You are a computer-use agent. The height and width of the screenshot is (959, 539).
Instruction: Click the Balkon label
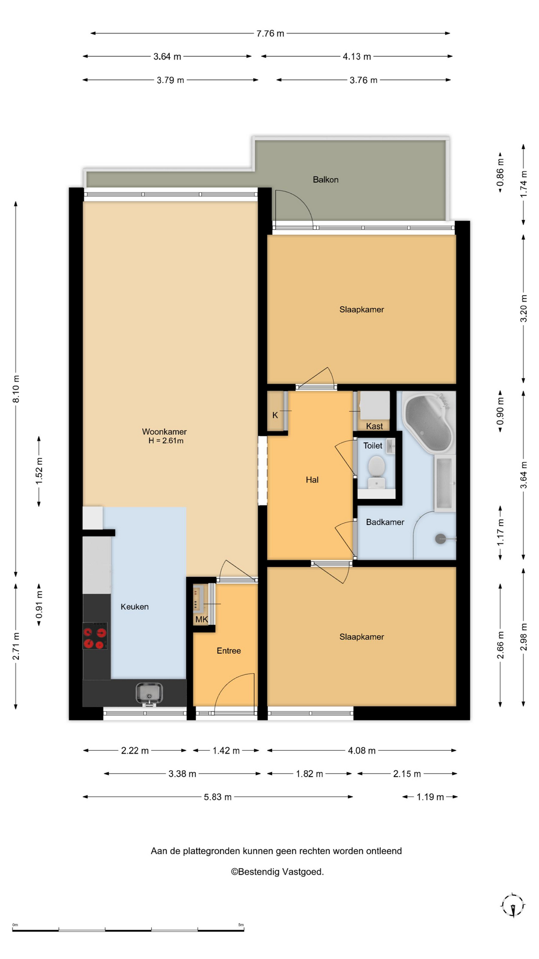(325, 180)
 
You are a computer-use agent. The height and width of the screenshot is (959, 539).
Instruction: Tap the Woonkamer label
(164, 432)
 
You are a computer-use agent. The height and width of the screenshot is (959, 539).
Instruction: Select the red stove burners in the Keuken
(95, 636)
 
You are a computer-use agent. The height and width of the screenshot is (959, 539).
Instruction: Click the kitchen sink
(149, 693)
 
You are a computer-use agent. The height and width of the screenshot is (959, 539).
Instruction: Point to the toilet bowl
(376, 468)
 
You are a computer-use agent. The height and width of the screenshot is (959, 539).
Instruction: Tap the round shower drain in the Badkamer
(440, 538)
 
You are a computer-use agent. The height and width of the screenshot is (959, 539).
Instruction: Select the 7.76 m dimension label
(270, 33)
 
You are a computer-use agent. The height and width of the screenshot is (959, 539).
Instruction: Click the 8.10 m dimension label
(16, 389)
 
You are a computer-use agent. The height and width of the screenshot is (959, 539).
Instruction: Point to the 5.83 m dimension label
(218, 797)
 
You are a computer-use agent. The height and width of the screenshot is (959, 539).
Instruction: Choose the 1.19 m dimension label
(430, 797)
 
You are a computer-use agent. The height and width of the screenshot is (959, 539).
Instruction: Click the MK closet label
(202, 619)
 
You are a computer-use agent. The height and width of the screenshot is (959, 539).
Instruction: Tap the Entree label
(229, 651)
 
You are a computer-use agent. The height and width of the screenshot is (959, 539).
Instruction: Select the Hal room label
(312, 480)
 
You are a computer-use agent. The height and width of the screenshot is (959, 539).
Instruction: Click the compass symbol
(513, 905)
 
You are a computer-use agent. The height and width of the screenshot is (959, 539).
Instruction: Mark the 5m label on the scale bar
(241, 925)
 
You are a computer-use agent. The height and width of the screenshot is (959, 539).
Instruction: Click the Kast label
(374, 426)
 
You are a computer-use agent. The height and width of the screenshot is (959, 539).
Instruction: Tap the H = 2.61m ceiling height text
(166, 441)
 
